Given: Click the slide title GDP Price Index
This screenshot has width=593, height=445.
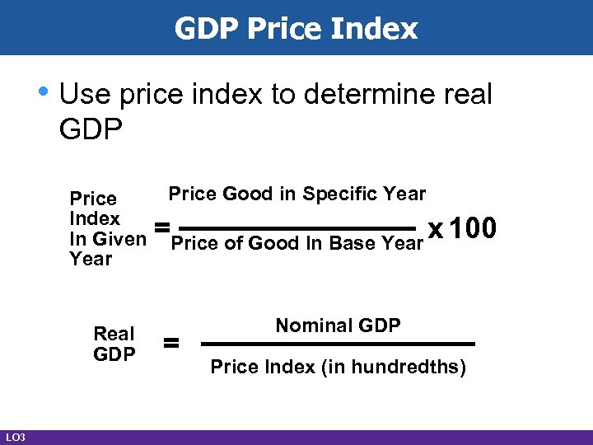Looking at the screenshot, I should click(x=296, y=29).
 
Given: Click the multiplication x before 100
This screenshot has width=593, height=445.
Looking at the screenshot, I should click(x=437, y=230).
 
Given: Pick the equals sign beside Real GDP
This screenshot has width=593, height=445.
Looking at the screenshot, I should click(x=172, y=344).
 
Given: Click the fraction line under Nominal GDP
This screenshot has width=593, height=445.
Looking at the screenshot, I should click(x=339, y=344).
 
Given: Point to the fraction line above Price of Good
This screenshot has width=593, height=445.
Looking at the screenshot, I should click(x=296, y=228).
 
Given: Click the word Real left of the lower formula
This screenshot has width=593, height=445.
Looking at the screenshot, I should click(x=114, y=334).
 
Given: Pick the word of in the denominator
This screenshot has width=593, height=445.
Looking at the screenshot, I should click(x=232, y=243).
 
